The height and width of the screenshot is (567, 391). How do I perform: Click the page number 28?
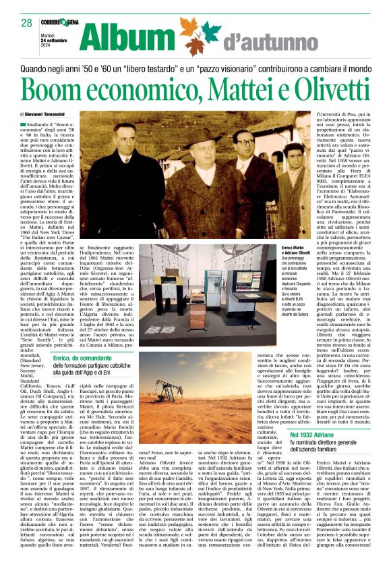tap(26, 23)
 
